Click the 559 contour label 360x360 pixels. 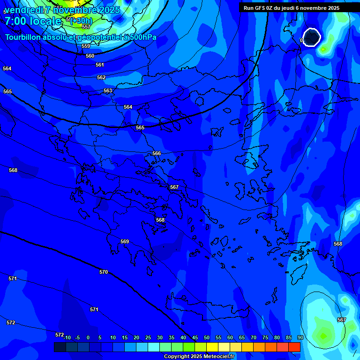(86, 46)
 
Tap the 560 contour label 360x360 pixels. (90, 56)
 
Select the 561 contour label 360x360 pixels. (100, 65)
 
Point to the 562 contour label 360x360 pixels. (101, 77)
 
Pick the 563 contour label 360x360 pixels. (108, 90)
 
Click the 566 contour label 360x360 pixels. (157, 153)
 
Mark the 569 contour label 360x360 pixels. (125, 241)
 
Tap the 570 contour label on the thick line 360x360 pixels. (104, 272)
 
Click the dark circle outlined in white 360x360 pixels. (311, 37)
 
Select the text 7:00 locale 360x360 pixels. (33, 21)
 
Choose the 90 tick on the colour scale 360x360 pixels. (300, 337)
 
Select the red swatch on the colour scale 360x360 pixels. (294, 347)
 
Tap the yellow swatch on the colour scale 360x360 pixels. (212, 347)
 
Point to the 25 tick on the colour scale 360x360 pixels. (148, 337)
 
